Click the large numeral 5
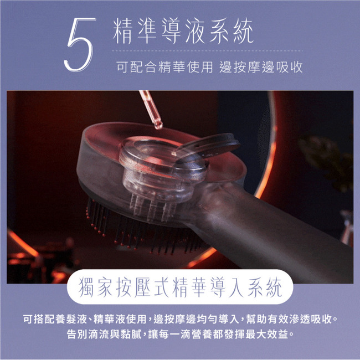[x=79, y=44]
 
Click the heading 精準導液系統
[x=183, y=31]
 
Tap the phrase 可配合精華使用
[x=164, y=67]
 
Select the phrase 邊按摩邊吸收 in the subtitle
[x=261, y=67]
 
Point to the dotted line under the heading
[x=207, y=51]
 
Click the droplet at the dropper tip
[x=158, y=125]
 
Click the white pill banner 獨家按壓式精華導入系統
[x=180, y=287]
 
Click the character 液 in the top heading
[x=195, y=31]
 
